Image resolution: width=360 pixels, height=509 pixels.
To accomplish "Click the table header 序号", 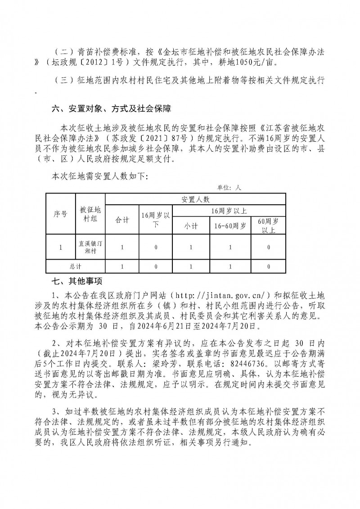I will coord(61,214).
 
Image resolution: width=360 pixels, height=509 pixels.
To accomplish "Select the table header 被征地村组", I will coord(90,214).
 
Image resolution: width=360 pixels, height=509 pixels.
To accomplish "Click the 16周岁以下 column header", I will coord(155,220).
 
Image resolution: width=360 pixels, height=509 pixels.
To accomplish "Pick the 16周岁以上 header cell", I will coord(229,210).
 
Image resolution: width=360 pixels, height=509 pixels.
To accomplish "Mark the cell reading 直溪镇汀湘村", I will coord(90,247).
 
